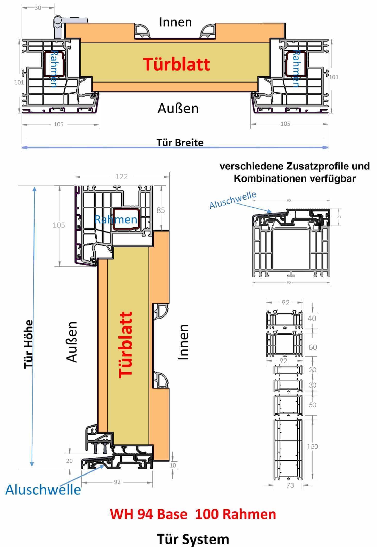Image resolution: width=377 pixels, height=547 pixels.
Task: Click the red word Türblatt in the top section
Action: (177, 64)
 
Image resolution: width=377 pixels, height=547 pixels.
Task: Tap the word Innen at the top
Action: (175, 22)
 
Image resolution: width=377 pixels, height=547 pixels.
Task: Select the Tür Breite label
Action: (180, 142)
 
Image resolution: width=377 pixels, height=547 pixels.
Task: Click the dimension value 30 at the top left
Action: (38, 8)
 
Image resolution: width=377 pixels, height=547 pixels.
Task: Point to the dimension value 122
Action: (121, 177)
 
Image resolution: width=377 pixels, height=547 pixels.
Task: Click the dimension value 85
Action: (161, 210)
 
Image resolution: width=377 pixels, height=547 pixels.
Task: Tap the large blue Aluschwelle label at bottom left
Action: (43, 489)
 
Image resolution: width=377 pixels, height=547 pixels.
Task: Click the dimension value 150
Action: (312, 446)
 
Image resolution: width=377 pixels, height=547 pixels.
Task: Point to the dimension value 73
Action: (290, 485)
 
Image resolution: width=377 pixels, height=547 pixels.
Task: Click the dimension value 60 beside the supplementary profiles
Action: (313, 347)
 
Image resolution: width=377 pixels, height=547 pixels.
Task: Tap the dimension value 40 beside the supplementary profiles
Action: (312, 319)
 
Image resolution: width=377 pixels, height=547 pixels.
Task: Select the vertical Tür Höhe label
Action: (29, 344)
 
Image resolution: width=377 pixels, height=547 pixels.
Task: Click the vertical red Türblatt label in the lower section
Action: (125, 345)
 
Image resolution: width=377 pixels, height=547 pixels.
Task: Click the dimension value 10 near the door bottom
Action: (173, 465)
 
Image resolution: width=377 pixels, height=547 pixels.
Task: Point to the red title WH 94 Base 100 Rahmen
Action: (193, 514)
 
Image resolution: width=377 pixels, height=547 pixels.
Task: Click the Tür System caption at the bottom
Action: (193, 539)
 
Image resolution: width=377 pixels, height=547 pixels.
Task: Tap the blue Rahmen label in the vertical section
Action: (116, 219)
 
